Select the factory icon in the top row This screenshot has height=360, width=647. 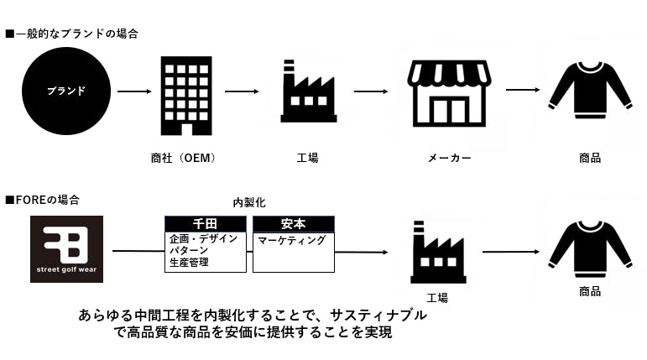308,91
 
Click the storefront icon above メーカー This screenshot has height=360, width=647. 449,92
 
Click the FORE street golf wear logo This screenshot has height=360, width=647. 66,249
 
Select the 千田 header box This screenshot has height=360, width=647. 206,224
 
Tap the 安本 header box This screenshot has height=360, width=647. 294,224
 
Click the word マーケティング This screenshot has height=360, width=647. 291,240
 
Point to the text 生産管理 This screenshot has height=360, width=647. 190,263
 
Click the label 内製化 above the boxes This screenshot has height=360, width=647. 249,203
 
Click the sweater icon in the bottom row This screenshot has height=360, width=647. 589,245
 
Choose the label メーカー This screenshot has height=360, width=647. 449,157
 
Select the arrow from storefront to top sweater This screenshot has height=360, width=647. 522,91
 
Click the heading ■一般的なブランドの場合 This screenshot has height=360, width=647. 71,34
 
